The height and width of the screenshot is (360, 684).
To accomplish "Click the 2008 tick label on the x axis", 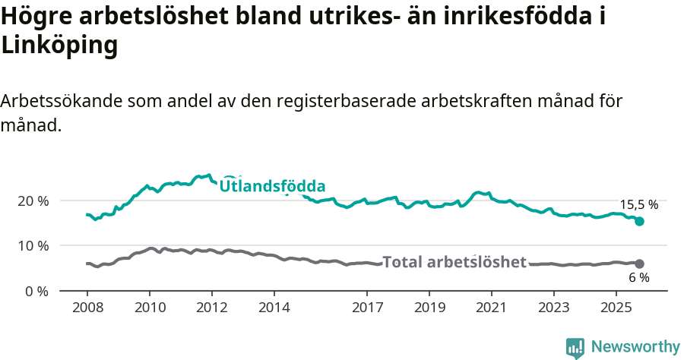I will [87, 309].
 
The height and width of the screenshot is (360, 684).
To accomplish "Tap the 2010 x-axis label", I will [150, 309].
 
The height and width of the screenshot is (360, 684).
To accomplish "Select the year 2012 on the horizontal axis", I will [212, 309].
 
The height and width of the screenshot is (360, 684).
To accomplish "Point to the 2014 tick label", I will [274, 309].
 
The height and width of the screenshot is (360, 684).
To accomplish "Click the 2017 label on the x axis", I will [367, 309].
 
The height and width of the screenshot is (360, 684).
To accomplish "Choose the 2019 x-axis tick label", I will [429, 309].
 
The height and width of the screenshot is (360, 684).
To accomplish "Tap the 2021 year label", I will [492, 309].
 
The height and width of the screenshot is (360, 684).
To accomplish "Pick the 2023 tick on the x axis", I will [554, 309].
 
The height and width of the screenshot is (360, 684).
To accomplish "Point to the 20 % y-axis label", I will [33, 201].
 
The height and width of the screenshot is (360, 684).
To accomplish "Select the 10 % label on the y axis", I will [33, 246].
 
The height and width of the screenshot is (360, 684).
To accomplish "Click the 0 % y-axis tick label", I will [36, 291].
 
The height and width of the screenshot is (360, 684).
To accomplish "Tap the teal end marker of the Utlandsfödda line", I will [640, 221].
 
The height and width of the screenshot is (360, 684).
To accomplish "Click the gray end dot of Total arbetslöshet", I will [640, 264].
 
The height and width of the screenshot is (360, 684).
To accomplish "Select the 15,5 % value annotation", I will [638, 204].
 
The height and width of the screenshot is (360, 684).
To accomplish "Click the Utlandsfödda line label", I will [272, 186].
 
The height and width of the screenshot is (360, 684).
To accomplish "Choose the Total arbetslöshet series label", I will [454, 262].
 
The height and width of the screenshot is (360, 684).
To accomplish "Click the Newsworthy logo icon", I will [575, 347].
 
